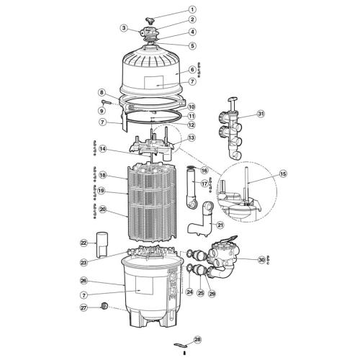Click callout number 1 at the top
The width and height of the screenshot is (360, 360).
(x=192, y=9)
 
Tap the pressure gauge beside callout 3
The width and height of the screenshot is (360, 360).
(x=135, y=29)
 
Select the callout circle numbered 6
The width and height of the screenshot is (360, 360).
(x=192, y=70)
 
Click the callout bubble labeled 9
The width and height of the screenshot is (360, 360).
(x=102, y=111)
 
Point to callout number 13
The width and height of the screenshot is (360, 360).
(x=192, y=137)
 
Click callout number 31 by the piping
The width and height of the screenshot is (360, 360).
(x=261, y=114)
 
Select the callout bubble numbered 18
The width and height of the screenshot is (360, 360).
(x=103, y=175)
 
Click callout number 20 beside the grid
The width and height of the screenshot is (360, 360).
(x=103, y=210)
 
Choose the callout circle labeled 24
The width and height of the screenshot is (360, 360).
(x=190, y=292)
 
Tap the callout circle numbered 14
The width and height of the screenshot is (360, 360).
(x=103, y=149)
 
